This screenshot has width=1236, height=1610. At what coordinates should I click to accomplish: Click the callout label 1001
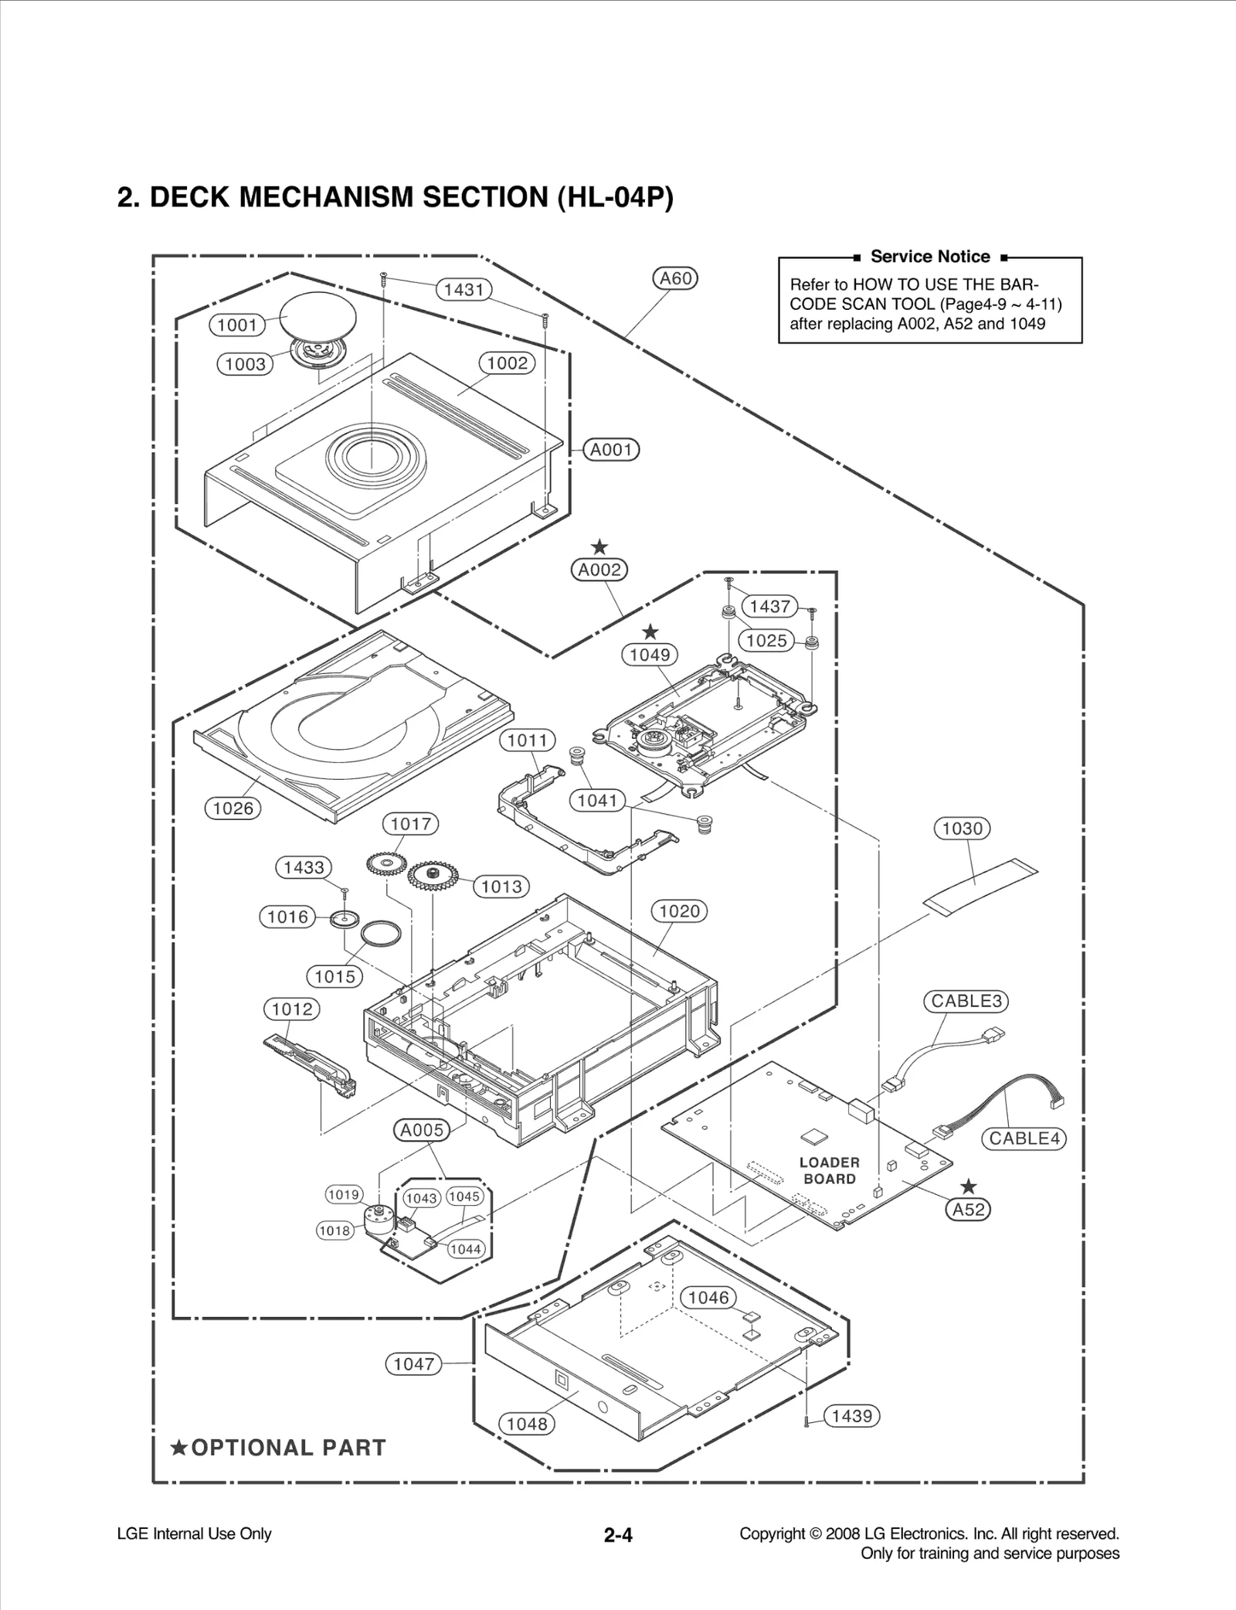[237, 325]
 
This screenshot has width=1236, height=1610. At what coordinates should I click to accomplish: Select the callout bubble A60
[675, 278]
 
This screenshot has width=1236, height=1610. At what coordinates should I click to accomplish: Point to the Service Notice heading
[929, 257]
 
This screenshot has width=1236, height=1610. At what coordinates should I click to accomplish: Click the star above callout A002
[599, 549]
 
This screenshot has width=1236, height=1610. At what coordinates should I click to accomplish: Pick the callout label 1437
[769, 606]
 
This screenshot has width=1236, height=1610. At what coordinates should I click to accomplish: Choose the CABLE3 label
[966, 1001]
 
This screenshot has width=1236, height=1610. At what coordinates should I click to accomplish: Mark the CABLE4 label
[1024, 1139]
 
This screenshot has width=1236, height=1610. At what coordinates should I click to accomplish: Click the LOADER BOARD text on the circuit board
[829, 1170]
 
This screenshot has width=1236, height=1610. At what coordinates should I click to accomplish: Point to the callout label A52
[968, 1210]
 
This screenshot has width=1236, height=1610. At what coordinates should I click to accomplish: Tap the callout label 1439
[852, 1416]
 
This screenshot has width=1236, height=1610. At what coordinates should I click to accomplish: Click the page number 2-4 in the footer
[618, 1536]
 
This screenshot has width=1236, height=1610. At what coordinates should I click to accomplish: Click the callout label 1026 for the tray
[233, 808]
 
